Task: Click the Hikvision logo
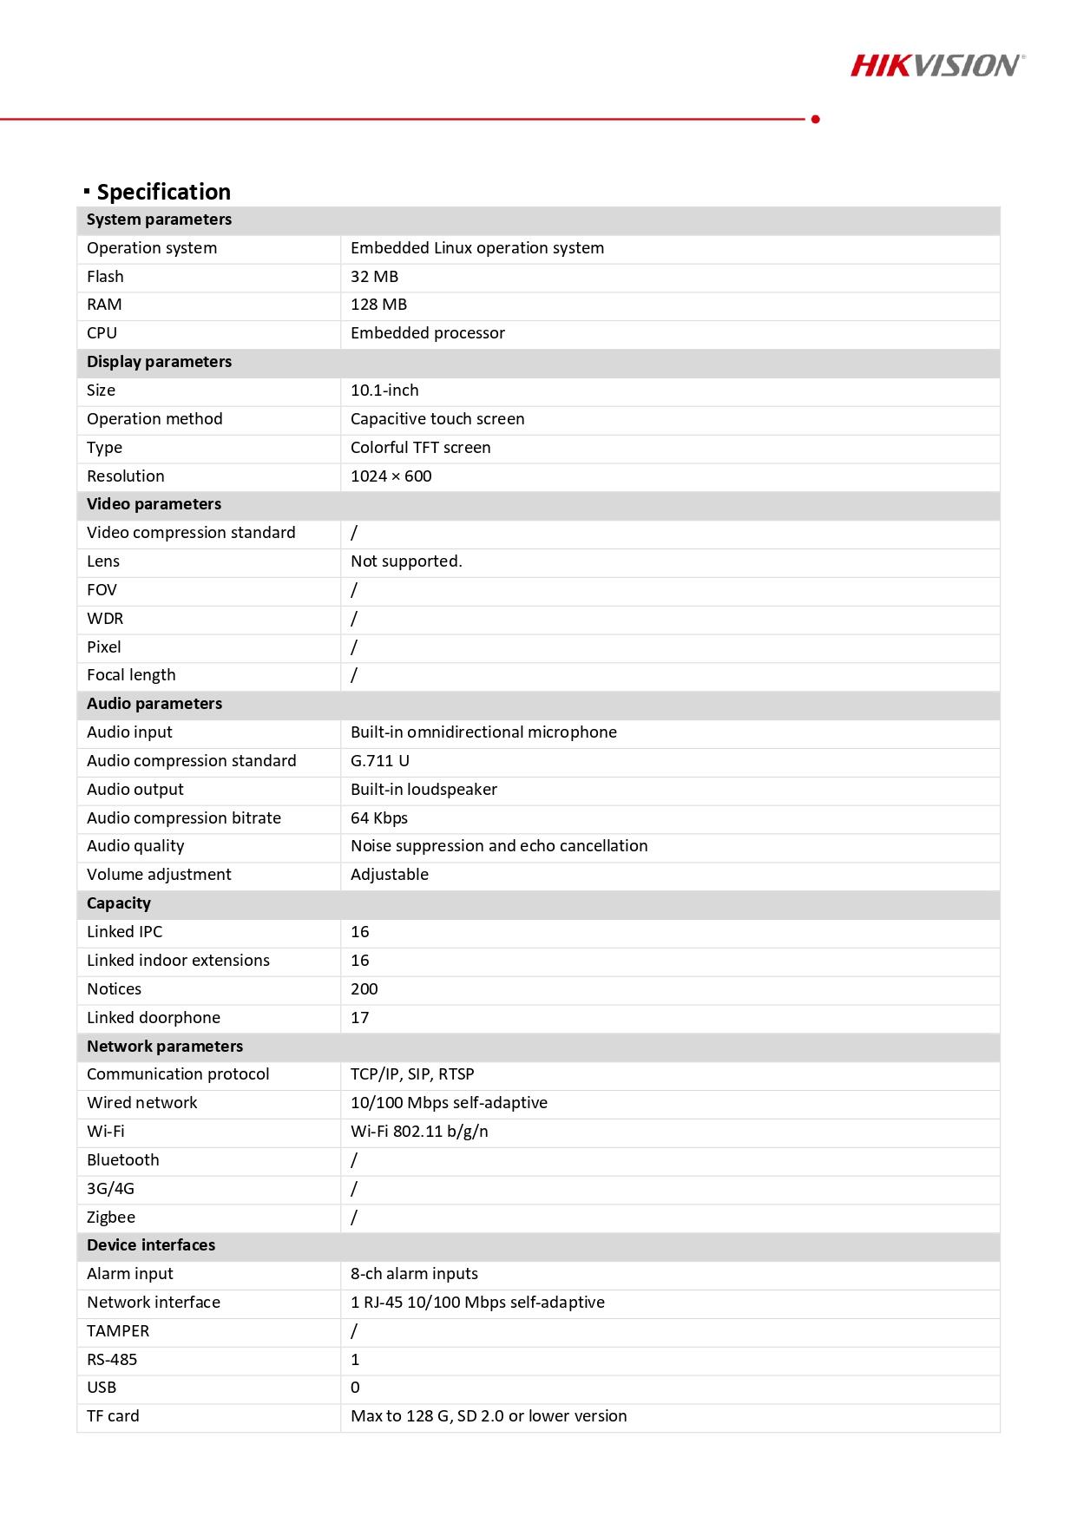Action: (x=936, y=65)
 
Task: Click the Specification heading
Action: (x=163, y=192)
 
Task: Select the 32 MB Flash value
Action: (x=374, y=277)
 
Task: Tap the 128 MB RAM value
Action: (x=378, y=305)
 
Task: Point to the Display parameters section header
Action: (x=159, y=362)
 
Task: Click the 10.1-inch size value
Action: (x=384, y=391)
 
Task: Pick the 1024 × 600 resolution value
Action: (x=391, y=476)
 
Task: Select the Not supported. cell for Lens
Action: (x=406, y=561)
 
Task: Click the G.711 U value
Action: (x=379, y=761)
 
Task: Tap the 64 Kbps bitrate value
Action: (x=378, y=818)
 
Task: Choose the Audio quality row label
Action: (x=135, y=846)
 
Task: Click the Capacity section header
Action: (x=119, y=903)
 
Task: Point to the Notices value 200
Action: (x=364, y=989)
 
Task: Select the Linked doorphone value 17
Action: (x=359, y=1018)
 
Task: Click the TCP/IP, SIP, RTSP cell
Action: (x=412, y=1074)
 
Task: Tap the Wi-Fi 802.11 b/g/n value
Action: (x=419, y=1132)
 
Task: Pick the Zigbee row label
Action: (x=111, y=1218)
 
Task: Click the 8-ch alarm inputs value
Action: (x=414, y=1274)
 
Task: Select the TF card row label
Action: (x=113, y=1416)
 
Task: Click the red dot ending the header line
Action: (x=815, y=119)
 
